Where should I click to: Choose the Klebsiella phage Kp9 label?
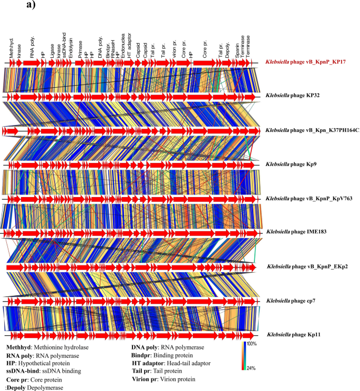(x=289, y=164)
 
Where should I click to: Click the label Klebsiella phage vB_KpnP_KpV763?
(x=307, y=199)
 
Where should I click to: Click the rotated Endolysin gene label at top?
(x=70, y=46)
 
